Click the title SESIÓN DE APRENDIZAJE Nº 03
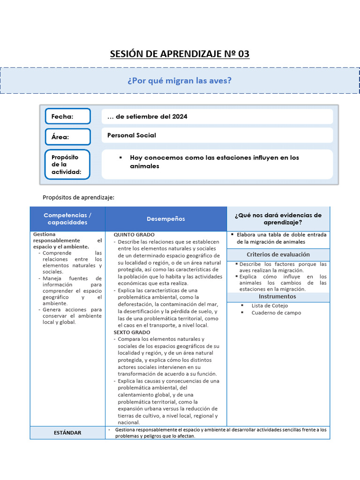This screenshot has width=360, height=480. [180, 54]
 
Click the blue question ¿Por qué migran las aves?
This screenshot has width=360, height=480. [180, 81]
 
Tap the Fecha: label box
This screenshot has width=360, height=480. [67, 116]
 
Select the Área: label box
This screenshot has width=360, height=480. [67, 137]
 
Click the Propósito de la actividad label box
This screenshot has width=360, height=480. [67, 165]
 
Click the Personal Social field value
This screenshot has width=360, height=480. [132, 135]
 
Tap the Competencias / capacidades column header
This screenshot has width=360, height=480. [67, 218]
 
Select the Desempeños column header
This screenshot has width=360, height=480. [165, 219]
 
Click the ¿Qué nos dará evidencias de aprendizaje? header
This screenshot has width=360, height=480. [278, 218]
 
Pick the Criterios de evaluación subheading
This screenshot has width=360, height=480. [278, 255]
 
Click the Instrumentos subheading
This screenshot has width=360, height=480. [278, 297]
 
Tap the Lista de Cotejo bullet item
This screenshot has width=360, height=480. [270, 306]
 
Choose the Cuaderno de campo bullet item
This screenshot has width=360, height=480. [276, 313]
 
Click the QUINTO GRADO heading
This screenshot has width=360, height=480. [134, 234]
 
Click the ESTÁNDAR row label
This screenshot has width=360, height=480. [67, 433]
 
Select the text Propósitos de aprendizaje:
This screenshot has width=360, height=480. [78, 197]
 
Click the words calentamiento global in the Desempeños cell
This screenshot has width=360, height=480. [144, 395]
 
